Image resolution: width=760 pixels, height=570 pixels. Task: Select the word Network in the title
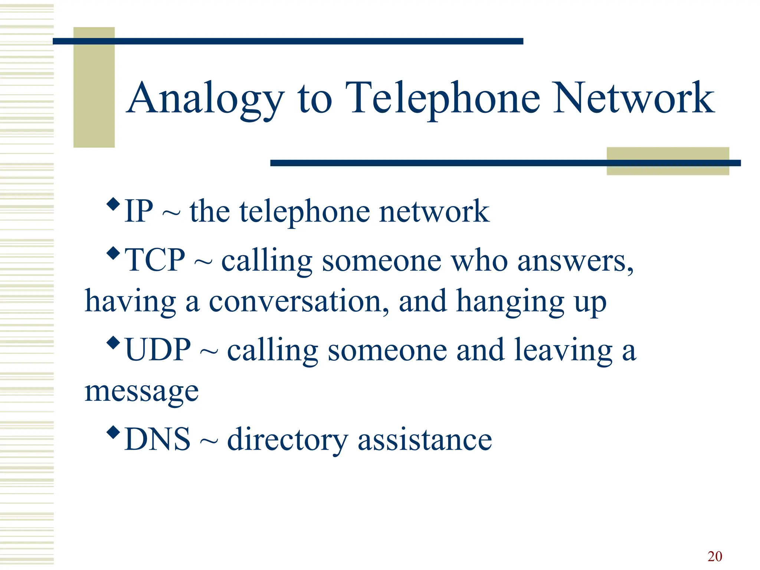coord(633,98)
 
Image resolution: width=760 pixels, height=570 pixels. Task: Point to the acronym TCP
coord(155,260)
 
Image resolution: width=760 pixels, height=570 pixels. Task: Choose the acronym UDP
coord(158,350)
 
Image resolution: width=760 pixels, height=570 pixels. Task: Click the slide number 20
coord(715,556)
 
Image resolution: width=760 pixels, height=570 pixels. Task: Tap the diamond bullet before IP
coord(113,203)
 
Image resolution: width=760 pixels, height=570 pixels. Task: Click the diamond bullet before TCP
coord(113,253)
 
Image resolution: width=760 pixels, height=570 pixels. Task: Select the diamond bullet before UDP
coord(113,343)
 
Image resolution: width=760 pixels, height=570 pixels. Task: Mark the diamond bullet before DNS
coord(113,432)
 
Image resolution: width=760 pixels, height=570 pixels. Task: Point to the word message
coord(141,392)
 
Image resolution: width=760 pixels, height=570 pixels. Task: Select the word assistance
coord(425,440)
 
